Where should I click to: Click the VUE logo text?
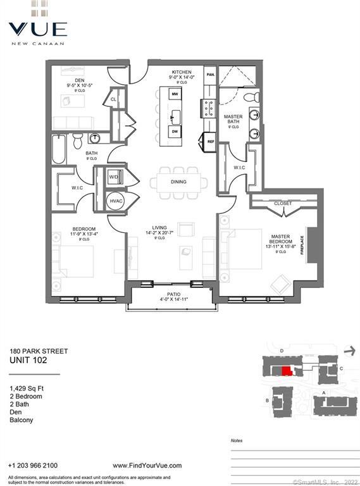pos(37,28)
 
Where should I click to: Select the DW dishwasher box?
pos(175,132)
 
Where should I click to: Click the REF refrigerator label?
pos(211,142)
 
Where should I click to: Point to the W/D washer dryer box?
pos(115,177)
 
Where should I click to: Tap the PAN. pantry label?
pos(211,75)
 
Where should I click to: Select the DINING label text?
pos(178,182)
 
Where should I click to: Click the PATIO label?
pos(173,294)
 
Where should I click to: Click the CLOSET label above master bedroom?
pos(283,204)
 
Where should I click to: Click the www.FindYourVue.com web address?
pos(147,465)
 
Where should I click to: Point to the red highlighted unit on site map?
pos(286,371)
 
